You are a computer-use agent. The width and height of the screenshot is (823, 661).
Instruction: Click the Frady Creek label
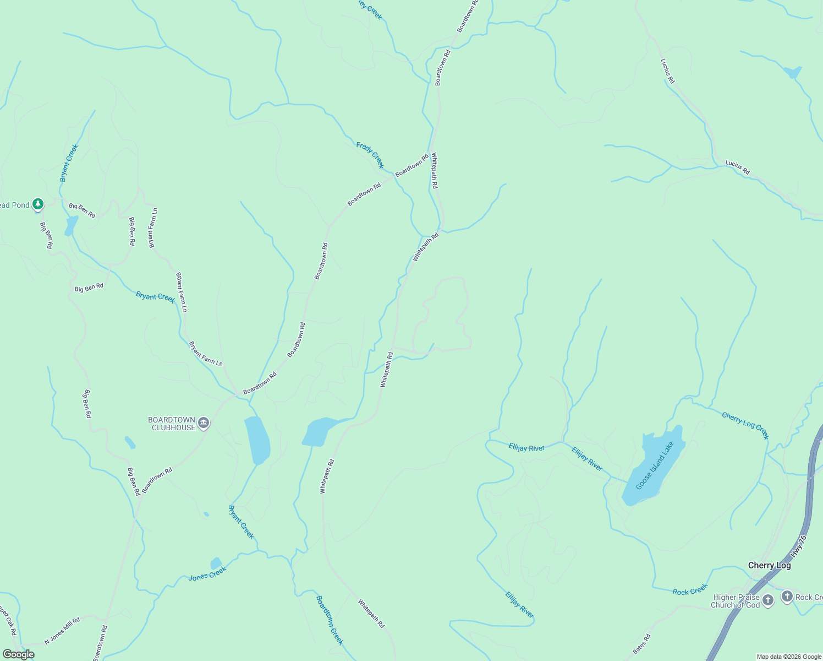coord(370,155)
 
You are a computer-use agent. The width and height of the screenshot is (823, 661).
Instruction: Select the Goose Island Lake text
coord(655,465)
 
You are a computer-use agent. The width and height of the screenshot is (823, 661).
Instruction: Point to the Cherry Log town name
coord(769,566)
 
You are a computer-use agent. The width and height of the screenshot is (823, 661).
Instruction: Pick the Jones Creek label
coord(207,574)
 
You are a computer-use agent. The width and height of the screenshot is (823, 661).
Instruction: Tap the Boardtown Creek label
coord(330,620)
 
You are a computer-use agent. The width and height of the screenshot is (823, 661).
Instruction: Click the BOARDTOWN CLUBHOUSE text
coord(172,424)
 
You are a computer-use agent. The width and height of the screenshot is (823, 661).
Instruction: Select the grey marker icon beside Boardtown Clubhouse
coord(204,423)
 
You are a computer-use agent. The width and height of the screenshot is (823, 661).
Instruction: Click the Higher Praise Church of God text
coord(735,601)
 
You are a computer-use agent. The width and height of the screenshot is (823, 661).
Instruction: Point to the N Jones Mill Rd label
coord(62,631)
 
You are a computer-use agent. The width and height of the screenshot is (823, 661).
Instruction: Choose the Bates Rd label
coord(641,644)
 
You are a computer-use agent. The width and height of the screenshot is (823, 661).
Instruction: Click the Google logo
coord(18,654)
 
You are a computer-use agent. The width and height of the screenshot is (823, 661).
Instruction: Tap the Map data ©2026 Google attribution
coord(789,657)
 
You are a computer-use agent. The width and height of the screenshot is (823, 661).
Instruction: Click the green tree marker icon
coord(37,204)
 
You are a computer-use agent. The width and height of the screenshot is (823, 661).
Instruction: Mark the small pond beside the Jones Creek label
coord(216,563)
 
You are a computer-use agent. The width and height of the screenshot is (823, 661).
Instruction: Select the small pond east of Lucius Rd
coord(793,72)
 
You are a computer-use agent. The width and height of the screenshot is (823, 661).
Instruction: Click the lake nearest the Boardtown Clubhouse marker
coord(257,440)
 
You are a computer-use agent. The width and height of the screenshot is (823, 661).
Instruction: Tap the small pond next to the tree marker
coord(71,225)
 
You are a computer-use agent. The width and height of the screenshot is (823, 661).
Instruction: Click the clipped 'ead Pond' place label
coord(14,205)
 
